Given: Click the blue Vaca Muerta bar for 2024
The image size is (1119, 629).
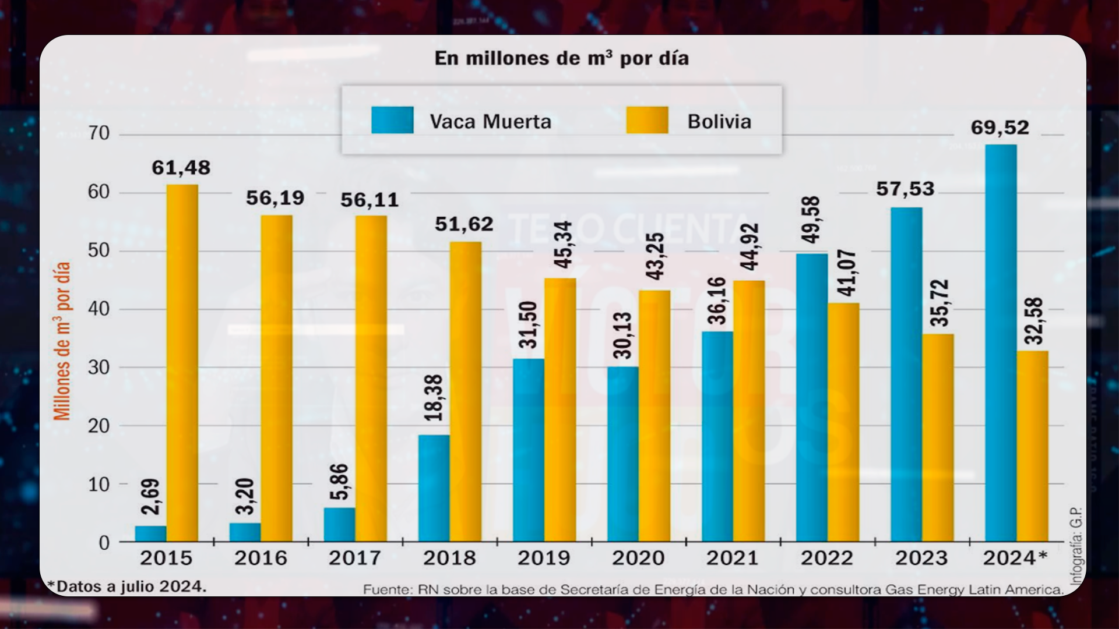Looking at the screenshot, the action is point(1001,343).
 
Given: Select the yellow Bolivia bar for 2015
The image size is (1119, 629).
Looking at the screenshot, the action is point(182,363).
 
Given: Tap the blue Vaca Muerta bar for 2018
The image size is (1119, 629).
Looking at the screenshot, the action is point(434,488).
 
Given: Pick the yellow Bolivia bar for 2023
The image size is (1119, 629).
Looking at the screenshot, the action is point(938,437).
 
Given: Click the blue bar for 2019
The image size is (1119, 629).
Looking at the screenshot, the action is point(529,450).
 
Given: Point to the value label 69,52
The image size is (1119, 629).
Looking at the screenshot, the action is point(1000,128).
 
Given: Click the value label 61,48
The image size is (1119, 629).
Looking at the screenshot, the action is point(181,168).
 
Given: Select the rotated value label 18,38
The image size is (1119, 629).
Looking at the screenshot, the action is point(434,398).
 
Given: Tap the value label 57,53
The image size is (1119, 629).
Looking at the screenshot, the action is point(905,189).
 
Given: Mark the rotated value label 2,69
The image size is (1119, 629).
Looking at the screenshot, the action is point(150,497).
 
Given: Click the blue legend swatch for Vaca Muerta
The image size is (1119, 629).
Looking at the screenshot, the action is point(392,120).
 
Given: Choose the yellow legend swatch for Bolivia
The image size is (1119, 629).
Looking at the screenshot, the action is point(648,120).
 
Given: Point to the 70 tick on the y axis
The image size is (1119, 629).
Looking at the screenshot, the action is point(99,133).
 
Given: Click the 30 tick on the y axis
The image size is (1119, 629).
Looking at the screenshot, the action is point(99,367).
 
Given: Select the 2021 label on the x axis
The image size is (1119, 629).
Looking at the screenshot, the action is point(733,558).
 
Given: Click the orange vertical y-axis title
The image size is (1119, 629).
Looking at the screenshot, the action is point(62,341).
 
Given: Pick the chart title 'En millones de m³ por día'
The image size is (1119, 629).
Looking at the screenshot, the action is point(562,58).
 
